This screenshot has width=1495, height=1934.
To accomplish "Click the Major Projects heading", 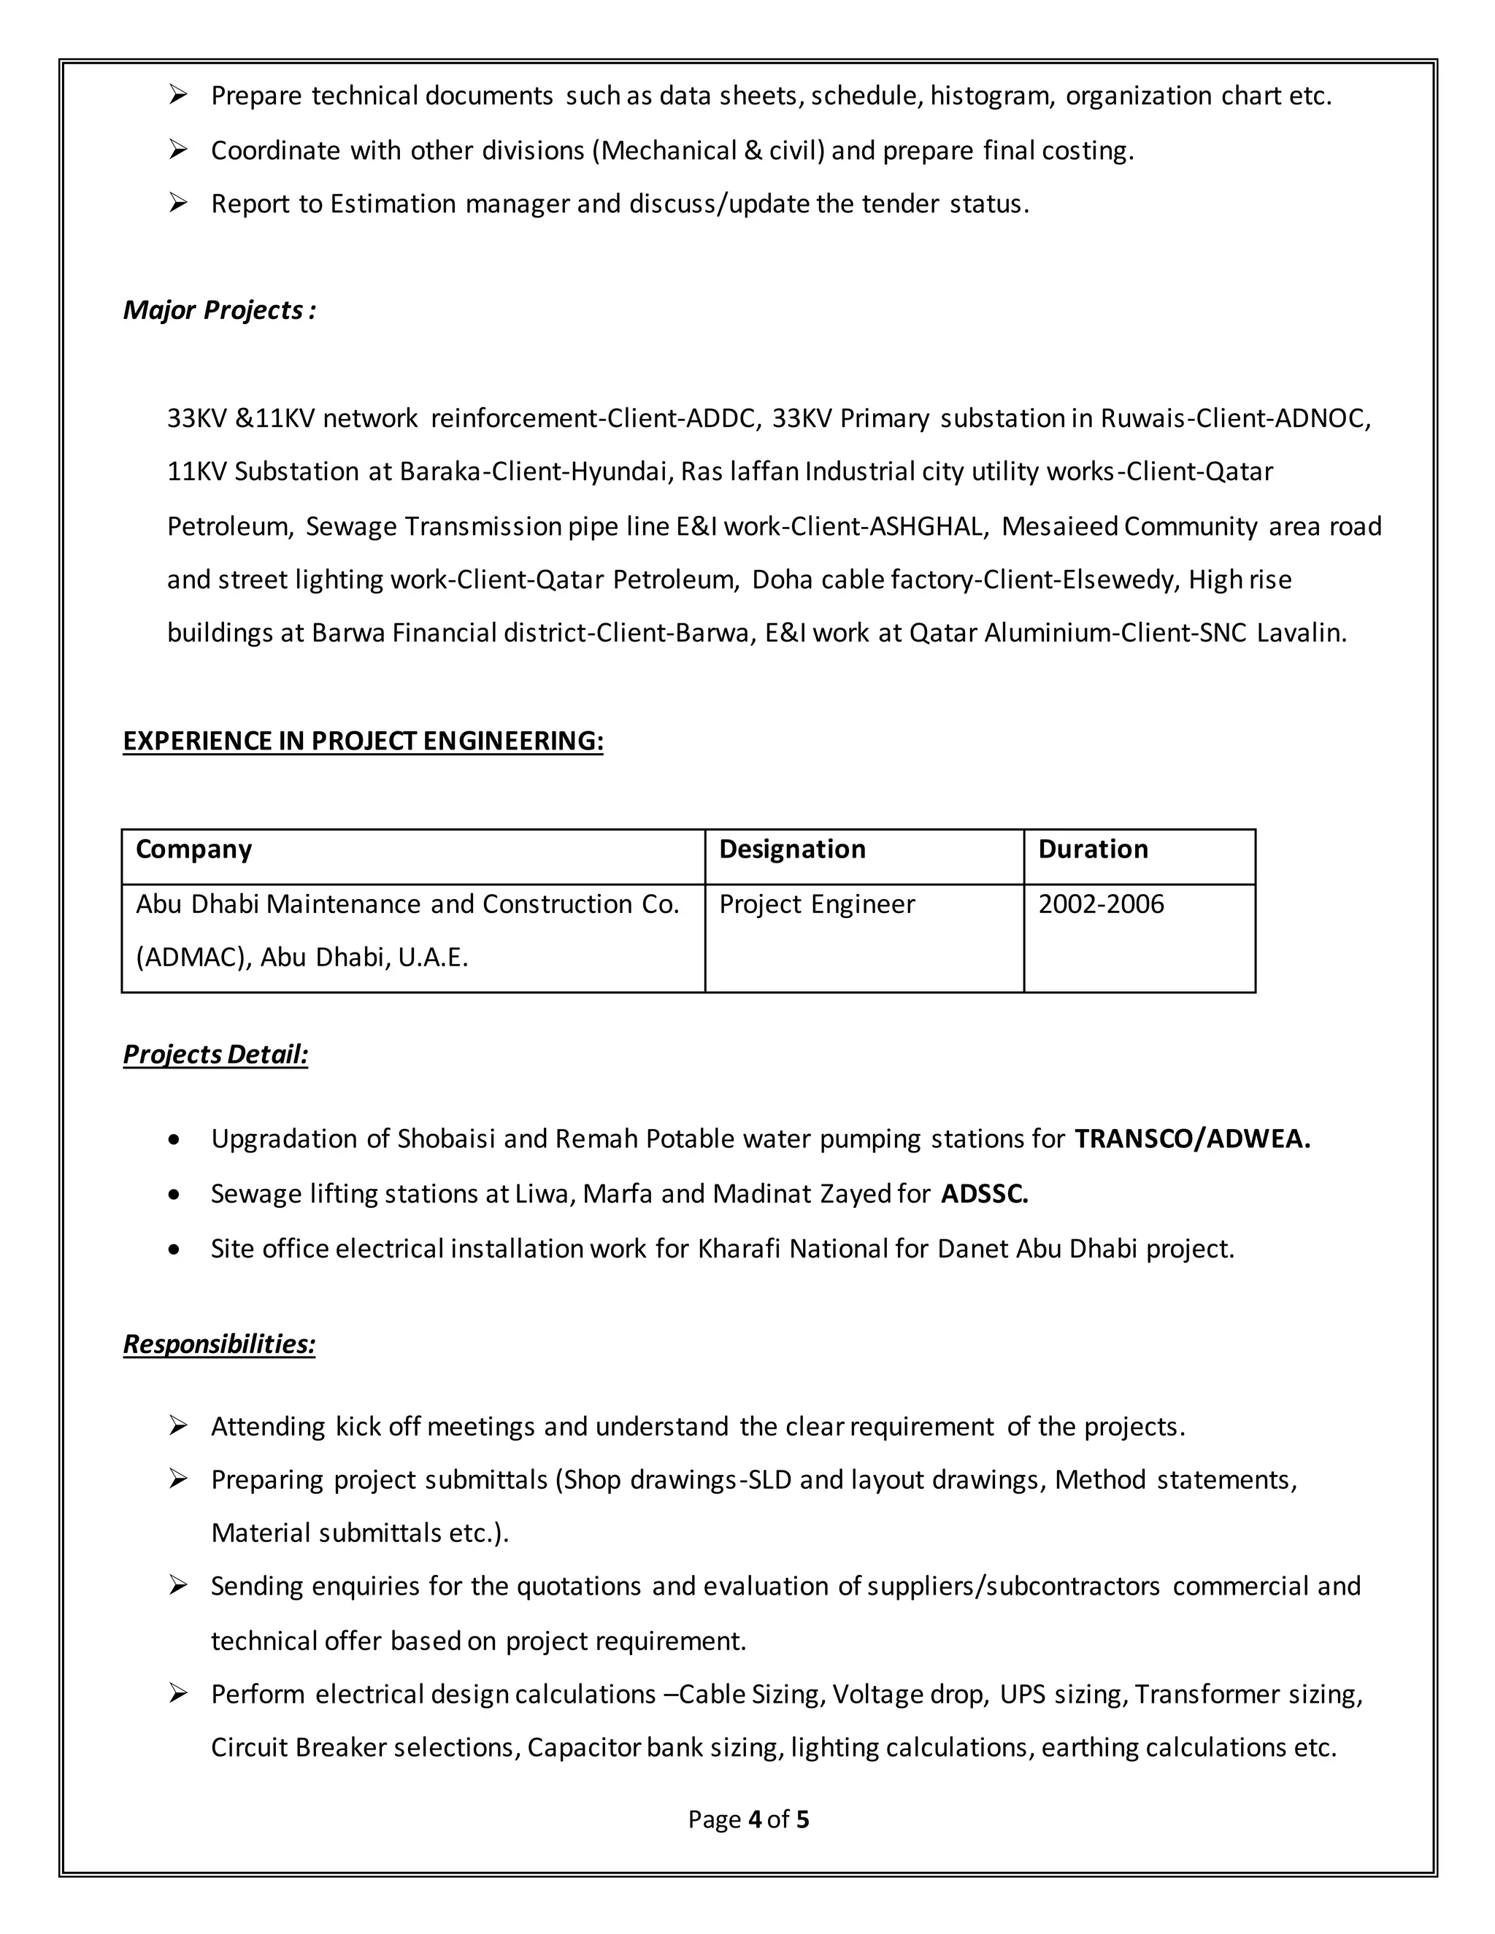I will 219,310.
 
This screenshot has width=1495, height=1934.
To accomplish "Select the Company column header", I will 194,850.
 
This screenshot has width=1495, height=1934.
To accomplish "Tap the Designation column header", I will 792,850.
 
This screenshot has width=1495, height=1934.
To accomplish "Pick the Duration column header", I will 1093,850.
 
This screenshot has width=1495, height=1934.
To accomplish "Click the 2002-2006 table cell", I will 1101,904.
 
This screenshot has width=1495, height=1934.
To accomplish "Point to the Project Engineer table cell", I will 817,904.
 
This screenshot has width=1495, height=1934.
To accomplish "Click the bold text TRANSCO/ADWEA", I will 1192,1139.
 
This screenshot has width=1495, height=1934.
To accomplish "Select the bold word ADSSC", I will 984,1194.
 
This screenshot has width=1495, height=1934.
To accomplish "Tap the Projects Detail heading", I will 215,1054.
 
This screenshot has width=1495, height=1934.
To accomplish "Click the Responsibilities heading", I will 219,1344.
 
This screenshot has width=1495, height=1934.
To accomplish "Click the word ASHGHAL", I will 926,527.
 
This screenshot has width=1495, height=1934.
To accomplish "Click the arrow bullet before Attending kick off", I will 178,1426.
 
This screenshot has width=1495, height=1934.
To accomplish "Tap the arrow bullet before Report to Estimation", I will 178,204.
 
